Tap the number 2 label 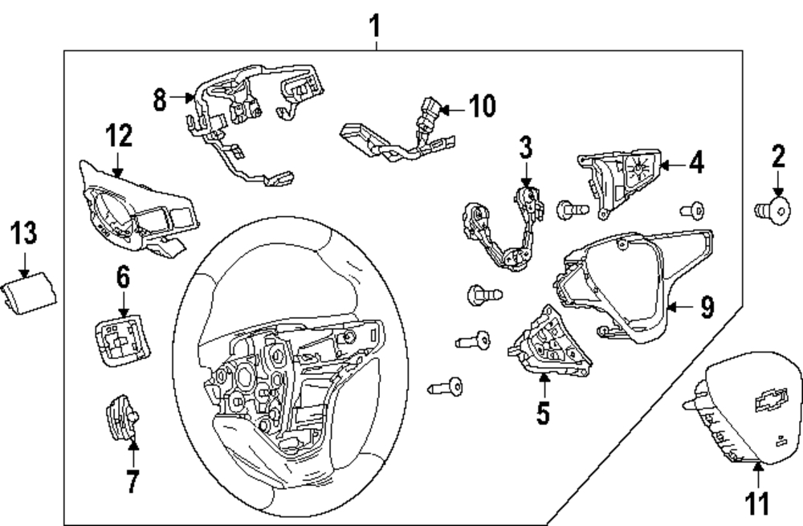[x=778, y=156]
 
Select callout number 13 [x=23, y=234]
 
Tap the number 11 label [x=759, y=503]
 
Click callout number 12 [x=118, y=137]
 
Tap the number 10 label [x=483, y=106]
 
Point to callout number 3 [x=525, y=147]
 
